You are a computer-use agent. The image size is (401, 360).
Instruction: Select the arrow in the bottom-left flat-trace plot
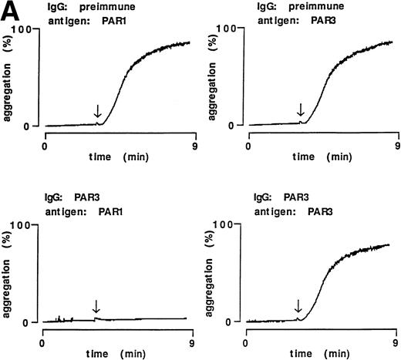[x=96, y=306]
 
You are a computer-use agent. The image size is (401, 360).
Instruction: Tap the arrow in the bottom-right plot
[x=301, y=307]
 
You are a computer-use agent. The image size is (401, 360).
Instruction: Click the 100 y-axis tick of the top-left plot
[x=31, y=29]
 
